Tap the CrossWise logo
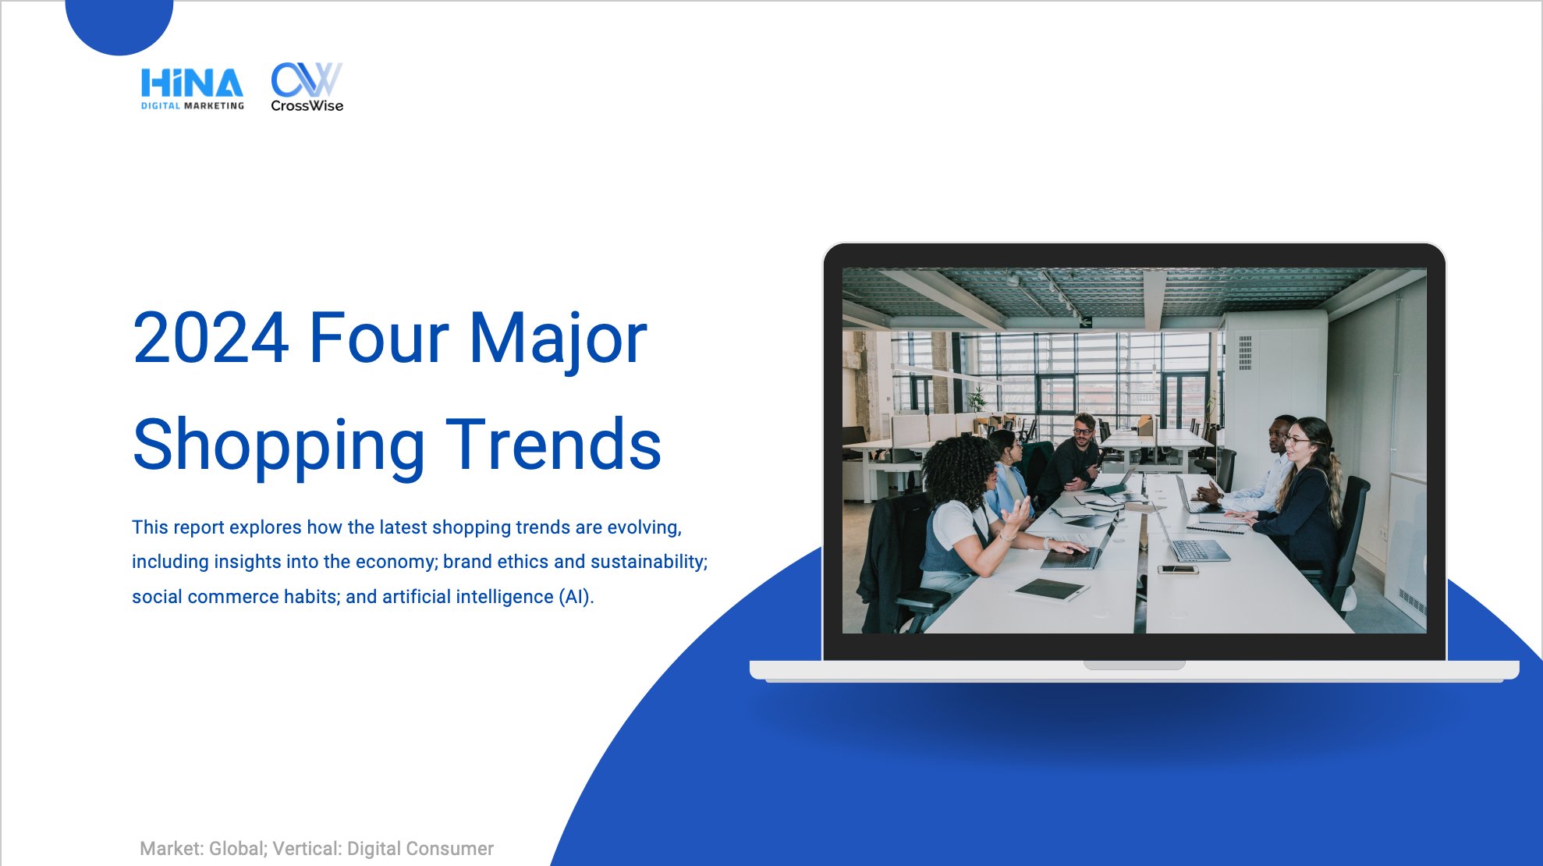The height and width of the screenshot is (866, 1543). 307,87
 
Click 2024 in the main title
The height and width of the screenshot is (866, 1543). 211,338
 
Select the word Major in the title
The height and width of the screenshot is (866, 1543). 558,339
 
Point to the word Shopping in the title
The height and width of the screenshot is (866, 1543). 278,445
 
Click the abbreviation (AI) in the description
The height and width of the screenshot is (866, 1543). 576,597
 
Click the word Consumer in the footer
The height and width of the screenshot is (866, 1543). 455,849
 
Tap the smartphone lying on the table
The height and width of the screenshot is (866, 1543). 1178,570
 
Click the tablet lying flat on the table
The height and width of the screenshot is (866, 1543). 1049,590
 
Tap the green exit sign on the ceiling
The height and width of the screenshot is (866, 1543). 1085,321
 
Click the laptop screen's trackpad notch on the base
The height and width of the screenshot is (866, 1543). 1134,665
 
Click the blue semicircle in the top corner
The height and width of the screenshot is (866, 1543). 119,23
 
